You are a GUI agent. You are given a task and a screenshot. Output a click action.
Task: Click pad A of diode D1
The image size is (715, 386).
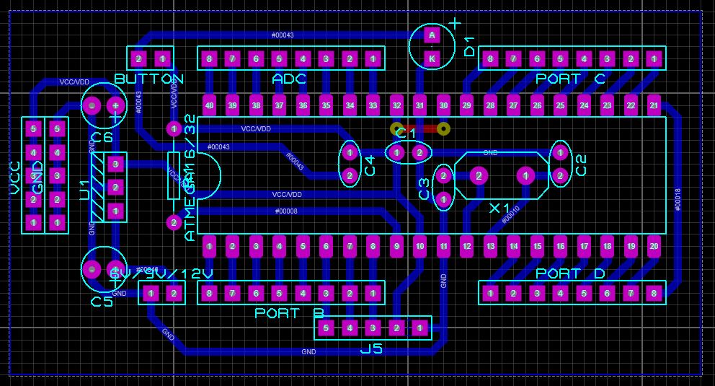[x=432, y=35]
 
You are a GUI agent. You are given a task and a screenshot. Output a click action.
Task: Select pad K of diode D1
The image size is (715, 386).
[x=432, y=58]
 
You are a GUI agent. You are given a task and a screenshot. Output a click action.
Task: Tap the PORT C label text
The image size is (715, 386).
[x=570, y=79]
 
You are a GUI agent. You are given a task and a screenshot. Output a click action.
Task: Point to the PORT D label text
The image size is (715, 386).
[x=570, y=273]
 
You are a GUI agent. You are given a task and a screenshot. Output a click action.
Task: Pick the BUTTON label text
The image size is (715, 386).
[x=149, y=79]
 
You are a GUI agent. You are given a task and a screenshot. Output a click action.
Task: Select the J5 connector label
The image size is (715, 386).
[x=371, y=349]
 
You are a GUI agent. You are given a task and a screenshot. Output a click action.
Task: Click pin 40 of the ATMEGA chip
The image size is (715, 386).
[x=209, y=105]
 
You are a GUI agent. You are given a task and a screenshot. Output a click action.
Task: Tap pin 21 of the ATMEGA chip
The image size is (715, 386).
[x=654, y=105]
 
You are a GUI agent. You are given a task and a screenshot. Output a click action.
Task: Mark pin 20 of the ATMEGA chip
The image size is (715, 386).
[x=654, y=247]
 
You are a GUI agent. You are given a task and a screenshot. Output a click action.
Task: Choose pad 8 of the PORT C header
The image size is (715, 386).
[x=490, y=58]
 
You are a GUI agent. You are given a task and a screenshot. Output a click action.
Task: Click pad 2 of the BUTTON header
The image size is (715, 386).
[x=140, y=58]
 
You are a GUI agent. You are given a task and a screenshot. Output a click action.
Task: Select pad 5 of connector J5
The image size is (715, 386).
[x=326, y=328]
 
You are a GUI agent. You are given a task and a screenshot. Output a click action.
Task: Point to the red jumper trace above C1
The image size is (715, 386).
[x=420, y=129]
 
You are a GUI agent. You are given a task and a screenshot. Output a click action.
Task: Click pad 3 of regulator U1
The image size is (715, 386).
[x=115, y=165]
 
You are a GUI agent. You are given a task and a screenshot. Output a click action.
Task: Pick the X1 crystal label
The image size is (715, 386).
[x=499, y=209]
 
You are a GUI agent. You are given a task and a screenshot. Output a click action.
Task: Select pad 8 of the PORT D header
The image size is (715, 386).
[x=654, y=293]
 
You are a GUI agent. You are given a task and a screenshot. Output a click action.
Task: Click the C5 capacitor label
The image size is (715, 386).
[x=102, y=302]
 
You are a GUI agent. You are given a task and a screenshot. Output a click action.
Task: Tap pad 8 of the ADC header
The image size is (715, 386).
[x=209, y=58]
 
